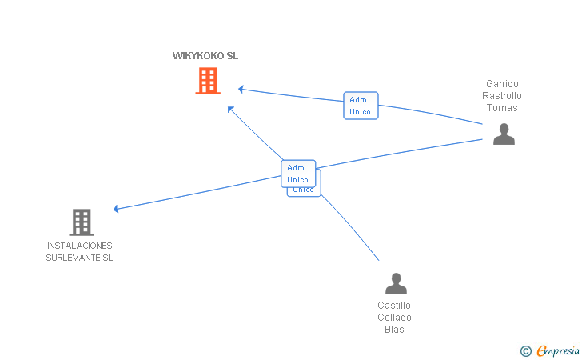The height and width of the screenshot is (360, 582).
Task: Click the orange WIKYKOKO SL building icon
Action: click(208, 81)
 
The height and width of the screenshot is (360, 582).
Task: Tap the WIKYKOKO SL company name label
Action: click(205, 56)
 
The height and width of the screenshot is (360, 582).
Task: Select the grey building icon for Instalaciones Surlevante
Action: click(81, 222)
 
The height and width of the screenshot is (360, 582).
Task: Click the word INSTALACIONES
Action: click(79, 246)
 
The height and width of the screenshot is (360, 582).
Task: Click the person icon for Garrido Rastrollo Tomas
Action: click(504, 134)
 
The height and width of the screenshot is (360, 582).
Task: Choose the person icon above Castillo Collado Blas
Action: click(396, 284)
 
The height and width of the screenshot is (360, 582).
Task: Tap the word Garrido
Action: click(502, 83)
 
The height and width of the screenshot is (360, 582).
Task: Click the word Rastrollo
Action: click(502, 96)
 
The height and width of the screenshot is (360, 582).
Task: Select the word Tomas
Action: click(502, 108)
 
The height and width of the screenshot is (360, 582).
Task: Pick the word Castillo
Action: click(394, 306)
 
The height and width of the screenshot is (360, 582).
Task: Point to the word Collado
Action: click(394, 318)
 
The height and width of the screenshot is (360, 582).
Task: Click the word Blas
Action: click(394, 330)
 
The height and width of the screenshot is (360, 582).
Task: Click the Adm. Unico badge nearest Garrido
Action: click(361, 106)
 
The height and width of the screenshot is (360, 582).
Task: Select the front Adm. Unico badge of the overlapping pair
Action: click(298, 173)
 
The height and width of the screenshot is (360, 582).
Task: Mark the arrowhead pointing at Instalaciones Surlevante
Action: click(117, 209)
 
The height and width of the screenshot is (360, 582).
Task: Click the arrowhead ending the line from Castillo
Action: click(230, 109)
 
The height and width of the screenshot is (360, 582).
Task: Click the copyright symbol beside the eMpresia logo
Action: click(525, 350)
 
